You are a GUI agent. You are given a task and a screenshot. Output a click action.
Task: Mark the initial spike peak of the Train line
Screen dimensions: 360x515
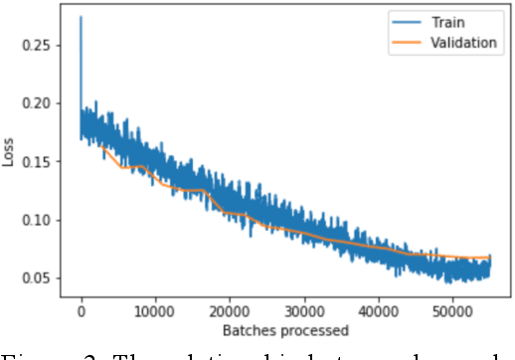pos(81,17)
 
